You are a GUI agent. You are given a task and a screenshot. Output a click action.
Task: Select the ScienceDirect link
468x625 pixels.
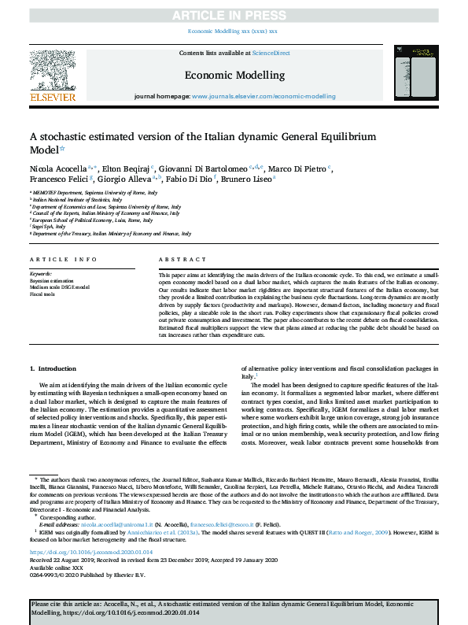(x=270, y=53)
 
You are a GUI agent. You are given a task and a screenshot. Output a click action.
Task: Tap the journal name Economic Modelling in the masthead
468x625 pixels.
(x=234, y=75)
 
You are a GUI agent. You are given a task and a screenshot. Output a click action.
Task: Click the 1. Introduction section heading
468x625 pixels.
(x=53, y=368)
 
